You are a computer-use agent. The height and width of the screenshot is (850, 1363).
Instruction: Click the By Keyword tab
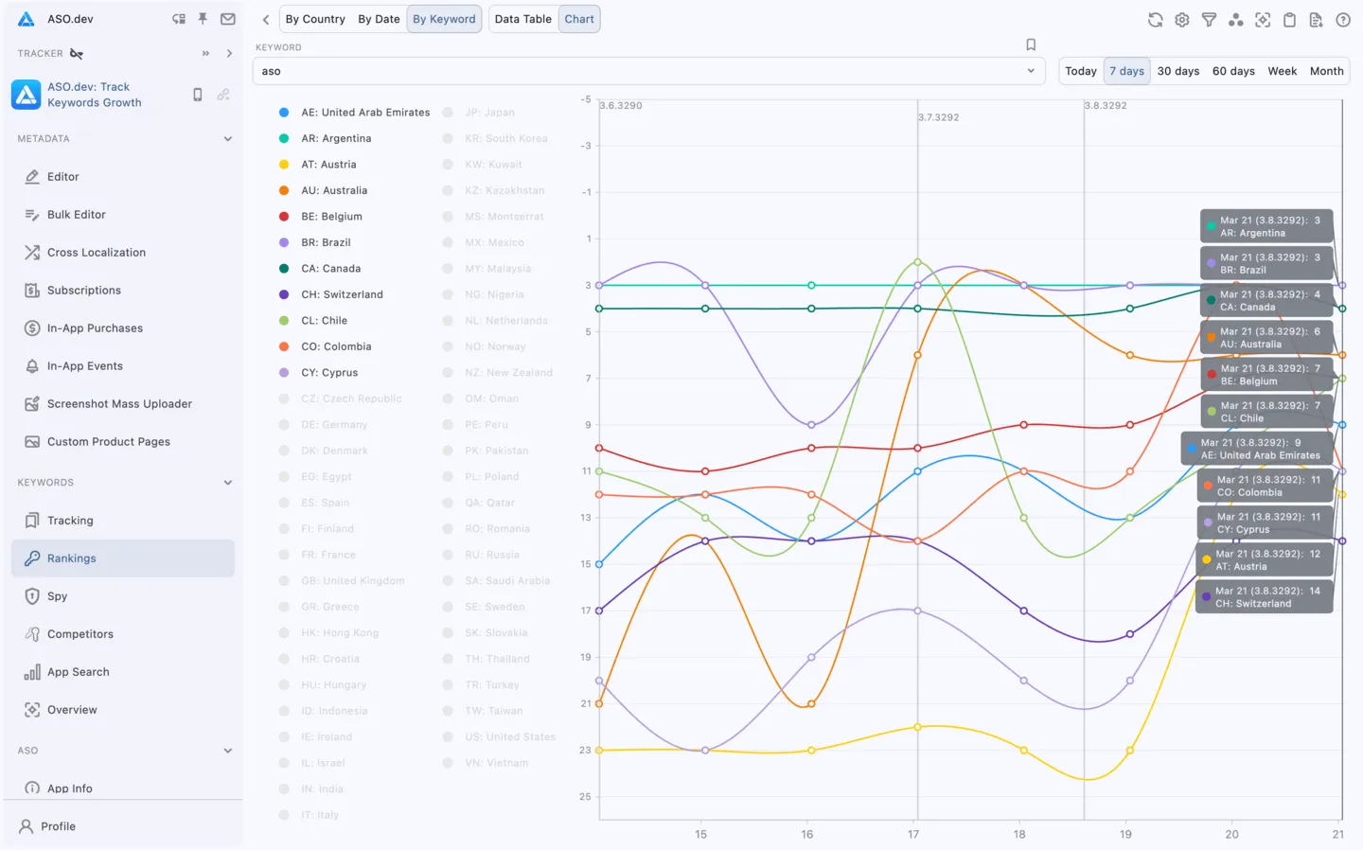[x=444, y=19]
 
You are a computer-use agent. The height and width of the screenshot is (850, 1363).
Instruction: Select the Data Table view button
[x=522, y=19]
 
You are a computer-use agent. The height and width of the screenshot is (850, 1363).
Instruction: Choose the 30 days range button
[x=1177, y=71]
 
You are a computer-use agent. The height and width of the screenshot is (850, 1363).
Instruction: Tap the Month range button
[x=1326, y=71]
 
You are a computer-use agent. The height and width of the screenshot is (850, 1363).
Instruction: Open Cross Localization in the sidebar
[x=96, y=253]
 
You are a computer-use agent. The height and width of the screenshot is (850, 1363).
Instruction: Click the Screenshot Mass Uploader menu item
[x=119, y=404]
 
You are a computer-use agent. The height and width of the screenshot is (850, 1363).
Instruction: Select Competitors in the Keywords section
[x=80, y=634]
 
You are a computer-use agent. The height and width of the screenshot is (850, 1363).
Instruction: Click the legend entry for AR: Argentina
[x=336, y=138]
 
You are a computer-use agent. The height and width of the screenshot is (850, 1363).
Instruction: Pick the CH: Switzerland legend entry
[x=342, y=294]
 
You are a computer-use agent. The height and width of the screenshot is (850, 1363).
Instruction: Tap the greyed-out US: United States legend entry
[x=509, y=736]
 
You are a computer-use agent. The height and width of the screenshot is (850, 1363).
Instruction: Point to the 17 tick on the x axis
[x=913, y=834]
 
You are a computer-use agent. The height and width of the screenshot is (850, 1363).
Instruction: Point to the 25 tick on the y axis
[x=585, y=797]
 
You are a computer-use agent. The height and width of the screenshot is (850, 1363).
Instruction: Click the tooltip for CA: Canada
[x=1266, y=301]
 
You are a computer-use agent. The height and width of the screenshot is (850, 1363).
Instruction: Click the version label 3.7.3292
[x=939, y=117]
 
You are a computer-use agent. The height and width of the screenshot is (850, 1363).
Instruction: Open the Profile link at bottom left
[x=58, y=826]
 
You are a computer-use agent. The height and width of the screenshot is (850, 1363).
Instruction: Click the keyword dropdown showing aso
[x=648, y=71]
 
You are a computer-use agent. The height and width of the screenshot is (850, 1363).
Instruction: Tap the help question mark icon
[x=1342, y=20]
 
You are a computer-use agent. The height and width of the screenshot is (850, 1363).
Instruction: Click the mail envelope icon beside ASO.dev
[x=228, y=19]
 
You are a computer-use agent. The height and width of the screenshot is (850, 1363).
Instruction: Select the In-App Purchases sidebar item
[x=95, y=328]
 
